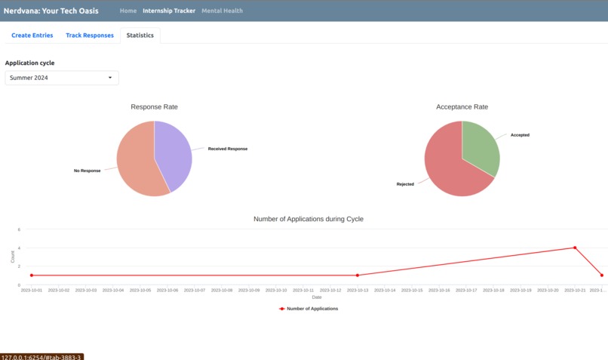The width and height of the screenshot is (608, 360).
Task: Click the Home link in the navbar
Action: pos(128,11)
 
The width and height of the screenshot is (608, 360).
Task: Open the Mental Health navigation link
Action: pos(223,11)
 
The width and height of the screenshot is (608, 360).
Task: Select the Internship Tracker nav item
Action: pos(169,11)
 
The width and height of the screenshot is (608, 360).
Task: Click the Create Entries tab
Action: pos(32,35)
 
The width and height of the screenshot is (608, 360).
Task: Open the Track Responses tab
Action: pos(90,35)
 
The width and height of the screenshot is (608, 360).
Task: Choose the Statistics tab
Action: pos(140,35)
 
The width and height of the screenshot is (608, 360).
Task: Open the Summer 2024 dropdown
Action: pos(62,78)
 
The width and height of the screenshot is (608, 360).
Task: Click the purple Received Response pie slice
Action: pos(175,155)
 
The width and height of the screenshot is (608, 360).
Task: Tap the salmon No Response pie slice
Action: pos(136,162)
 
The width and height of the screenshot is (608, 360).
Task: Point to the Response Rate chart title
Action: pos(155,107)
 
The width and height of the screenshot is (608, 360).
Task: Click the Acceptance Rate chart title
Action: pos(462,107)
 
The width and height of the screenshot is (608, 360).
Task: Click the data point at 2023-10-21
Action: pos(575,248)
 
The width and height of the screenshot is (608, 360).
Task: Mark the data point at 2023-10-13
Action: pos(358,275)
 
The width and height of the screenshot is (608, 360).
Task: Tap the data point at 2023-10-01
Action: pos(31,275)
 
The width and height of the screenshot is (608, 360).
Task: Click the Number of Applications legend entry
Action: pos(309,309)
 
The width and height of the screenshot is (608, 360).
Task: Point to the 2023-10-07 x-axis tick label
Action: pos(195,290)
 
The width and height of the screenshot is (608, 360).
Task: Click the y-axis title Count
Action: pos(13,257)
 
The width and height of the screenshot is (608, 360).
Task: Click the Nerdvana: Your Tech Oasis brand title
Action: pos(51,11)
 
